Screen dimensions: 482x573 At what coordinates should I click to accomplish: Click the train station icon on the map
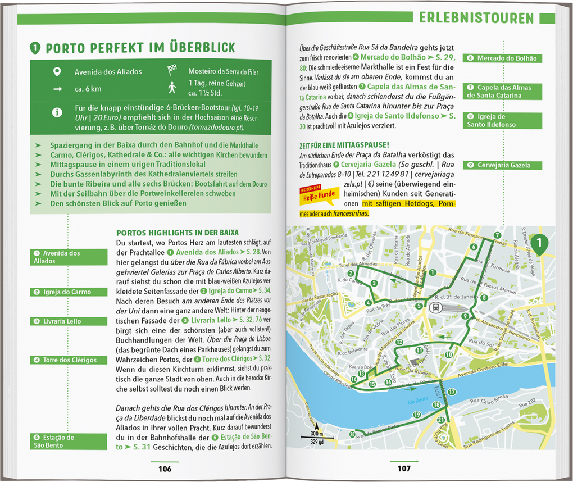[x=435, y=307]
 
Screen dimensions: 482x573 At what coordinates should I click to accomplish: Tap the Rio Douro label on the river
[x=417, y=401]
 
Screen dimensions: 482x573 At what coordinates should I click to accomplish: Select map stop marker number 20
[x=353, y=434]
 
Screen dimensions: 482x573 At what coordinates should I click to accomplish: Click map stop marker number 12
[x=399, y=342]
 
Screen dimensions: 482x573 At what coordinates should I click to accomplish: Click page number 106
[x=165, y=469]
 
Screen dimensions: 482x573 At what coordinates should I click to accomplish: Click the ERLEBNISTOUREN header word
[x=476, y=18]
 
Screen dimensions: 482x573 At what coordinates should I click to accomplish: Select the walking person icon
[x=172, y=87]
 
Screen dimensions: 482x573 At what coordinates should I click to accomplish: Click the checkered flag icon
[x=172, y=70]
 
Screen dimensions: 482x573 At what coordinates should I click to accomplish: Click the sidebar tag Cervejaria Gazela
[x=495, y=165]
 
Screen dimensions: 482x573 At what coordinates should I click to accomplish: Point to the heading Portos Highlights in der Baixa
[x=177, y=233]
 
